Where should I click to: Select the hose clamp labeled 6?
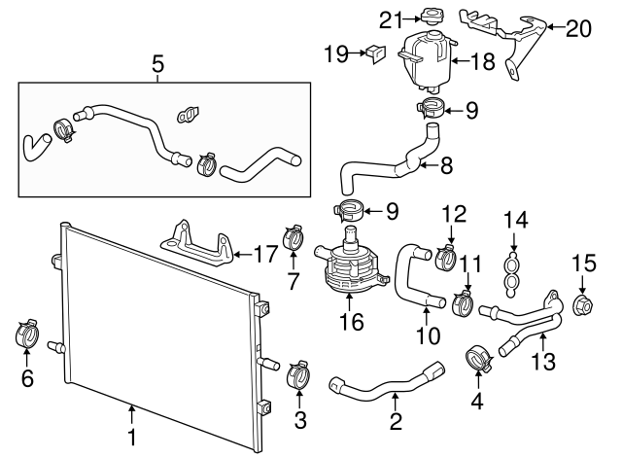point(27,334)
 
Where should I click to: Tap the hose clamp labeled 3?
point(299,373)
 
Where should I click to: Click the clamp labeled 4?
point(477,357)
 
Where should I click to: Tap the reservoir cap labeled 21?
point(427,17)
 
